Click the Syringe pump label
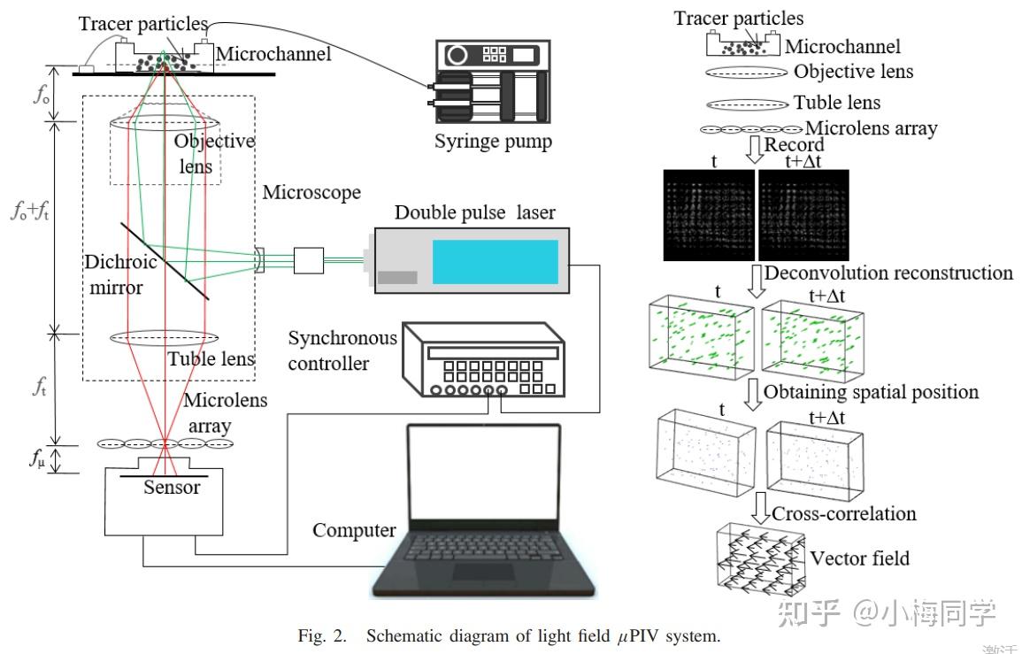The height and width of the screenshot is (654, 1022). pos(493,142)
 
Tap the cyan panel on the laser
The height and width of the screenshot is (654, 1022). pos(495,261)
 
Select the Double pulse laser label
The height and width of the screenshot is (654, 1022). pos(474,212)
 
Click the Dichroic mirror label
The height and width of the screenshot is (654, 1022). pos(120,274)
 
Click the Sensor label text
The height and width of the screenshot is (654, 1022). pos(172,487)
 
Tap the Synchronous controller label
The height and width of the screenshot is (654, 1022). pos(342,350)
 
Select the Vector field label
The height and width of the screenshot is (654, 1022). pos(859,558)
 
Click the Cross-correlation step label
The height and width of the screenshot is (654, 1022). pos(843,513)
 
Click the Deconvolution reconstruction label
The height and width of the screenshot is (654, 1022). pos(888,273)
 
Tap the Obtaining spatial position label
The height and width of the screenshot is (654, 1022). pos(871,391)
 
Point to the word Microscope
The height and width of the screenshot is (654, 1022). pos(312,192)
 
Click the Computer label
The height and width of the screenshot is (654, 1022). pos(354,530)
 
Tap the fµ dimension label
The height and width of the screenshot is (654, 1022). pos(36,459)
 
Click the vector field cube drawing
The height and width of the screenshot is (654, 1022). pos(759,556)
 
